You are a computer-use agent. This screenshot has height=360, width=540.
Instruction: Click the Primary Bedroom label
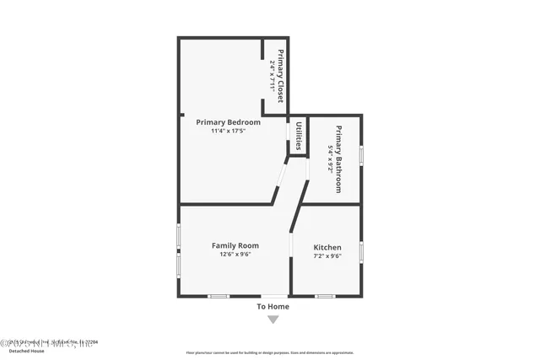[x=228, y=122]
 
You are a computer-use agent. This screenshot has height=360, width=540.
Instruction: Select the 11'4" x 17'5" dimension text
[x=228, y=131]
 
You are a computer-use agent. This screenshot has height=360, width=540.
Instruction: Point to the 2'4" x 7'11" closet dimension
[x=272, y=75]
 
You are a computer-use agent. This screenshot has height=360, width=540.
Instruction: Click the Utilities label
[x=299, y=136]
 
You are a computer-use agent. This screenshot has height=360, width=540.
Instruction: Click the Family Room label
[x=235, y=245]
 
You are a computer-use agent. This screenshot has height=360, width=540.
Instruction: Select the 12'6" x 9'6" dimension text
[x=235, y=255]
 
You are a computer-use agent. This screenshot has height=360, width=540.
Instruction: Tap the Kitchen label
[x=327, y=247]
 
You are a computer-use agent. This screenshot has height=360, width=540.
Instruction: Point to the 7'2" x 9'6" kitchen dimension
[x=327, y=255]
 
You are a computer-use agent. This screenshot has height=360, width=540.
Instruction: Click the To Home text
[x=273, y=307]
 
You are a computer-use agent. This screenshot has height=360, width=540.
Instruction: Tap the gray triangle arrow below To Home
[x=273, y=320]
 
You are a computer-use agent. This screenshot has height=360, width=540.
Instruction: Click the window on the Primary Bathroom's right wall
[x=361, y=155]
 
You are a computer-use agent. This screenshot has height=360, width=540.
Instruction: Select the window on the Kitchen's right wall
[x=361, y=251]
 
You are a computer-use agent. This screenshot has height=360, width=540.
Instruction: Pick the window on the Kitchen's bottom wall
[x=325, y=296]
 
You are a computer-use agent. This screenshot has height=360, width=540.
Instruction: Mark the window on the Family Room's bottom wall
[x=219, y=296]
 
